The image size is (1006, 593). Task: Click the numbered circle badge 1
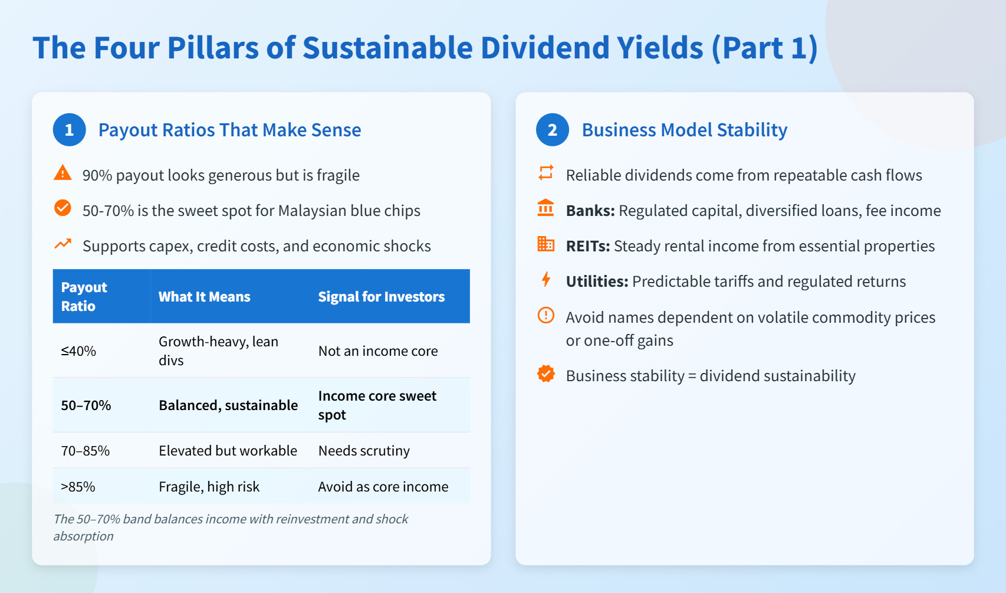70,130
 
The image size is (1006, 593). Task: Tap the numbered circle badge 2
552,130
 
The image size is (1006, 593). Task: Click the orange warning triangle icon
63,173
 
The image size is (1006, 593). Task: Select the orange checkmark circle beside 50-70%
63,208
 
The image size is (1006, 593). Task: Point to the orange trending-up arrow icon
63,244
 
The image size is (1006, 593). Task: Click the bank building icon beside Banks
545,208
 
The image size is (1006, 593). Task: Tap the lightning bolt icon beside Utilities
546,279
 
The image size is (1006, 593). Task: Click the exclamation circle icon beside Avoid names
546,315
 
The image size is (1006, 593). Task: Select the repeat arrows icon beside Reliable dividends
546,172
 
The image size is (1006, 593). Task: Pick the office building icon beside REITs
545,244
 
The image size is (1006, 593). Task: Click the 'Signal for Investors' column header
381,297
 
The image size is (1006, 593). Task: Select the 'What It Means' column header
204,297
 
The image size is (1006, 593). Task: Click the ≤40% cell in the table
78,351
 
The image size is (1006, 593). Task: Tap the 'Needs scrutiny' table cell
364,451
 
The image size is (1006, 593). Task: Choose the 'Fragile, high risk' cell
209,487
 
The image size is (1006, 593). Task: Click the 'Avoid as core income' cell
383,487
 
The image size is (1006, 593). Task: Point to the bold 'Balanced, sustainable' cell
228,405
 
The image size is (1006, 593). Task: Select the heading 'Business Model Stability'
684,130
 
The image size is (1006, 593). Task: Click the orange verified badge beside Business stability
546,374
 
